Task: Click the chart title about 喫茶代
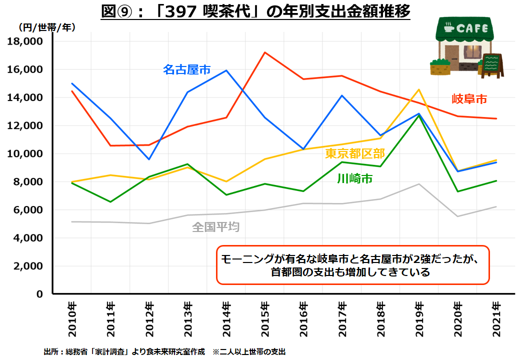[255, 11]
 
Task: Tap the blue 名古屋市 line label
[187, 69]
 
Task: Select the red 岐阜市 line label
[469, 98]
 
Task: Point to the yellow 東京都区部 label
[355, 153]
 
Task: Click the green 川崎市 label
[355, 178]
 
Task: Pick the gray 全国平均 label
[216, 227]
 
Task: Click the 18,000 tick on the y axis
[25, 41]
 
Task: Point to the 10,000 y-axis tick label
[25, 153]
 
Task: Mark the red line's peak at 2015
[264, 52]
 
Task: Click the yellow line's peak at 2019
[418, 89]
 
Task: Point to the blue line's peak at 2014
[226, 70]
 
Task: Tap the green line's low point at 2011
[110, 201]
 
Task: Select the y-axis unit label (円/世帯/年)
[47, 27]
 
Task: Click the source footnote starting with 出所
[164, 352]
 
